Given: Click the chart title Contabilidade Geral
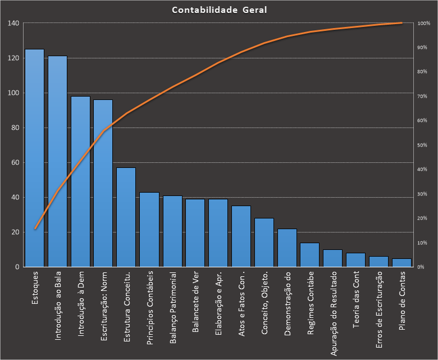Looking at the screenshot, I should click(x=219, y=10).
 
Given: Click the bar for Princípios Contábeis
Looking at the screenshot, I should click(x=149, y=230).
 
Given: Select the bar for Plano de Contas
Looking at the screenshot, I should click(x=401, y=263).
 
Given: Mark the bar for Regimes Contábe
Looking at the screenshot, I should click(x=309, y=255).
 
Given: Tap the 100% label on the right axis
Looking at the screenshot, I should click(x=424, y=24).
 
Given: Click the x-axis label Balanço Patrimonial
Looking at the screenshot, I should click(x=173, y=308).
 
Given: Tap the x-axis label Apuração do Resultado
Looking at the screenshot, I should click(x=334, y=314).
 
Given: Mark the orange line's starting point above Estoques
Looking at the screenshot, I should click(x=35, y=229).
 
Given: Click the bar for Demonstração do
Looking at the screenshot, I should click(x=287, y=248).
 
